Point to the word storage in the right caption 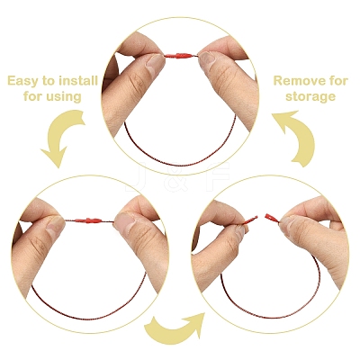coord(310,97)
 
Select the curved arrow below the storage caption coord(295,138)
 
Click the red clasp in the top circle coord(181,56)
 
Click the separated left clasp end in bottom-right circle coord(249,220)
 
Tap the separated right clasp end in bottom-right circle coord(272,218)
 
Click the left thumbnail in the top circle coord(155,62)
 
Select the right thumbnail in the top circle coord(208,58)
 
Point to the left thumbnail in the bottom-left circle coord(55,226)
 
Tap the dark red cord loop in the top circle coord(180,165)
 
